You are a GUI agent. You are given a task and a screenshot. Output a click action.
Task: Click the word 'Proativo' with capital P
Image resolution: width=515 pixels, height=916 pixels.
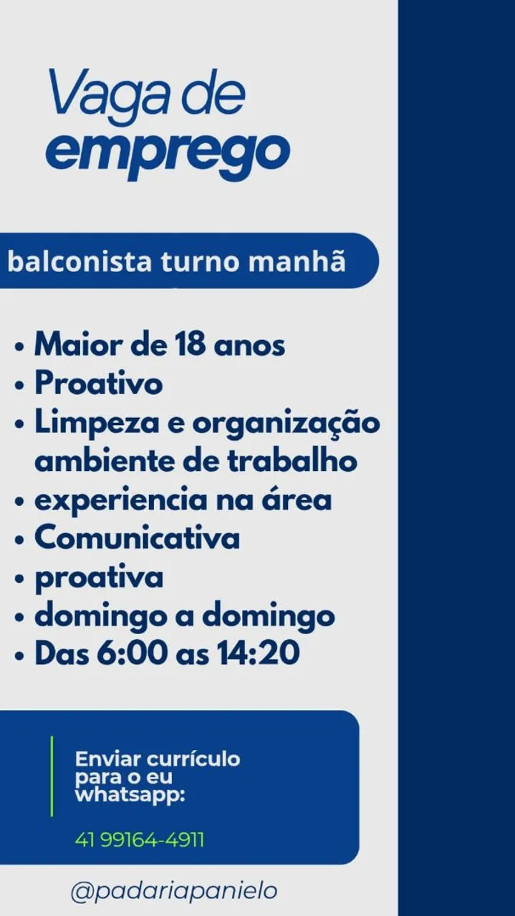[x=99, y=384]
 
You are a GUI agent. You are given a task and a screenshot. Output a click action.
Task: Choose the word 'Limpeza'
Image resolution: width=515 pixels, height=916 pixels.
[x=97, y=423]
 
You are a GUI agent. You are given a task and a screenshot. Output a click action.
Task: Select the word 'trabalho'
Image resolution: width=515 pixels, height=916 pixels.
[x=292, y=462]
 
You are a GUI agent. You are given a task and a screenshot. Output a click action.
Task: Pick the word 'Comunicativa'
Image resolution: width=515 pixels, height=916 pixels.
[x=137, y=538]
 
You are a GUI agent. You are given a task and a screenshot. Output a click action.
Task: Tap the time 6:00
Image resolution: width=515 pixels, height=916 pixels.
[x=133, y=653]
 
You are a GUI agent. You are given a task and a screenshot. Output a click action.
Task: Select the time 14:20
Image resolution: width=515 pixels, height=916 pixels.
[x=258, y=653]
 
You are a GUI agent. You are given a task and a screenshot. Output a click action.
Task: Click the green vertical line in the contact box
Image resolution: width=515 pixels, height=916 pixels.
[x=52, y=779]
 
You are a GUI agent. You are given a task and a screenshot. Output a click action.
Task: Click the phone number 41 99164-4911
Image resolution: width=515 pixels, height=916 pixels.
[x=139, y=840]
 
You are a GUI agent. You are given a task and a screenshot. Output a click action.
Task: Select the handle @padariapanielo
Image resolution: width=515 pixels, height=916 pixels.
[x=174, y=892]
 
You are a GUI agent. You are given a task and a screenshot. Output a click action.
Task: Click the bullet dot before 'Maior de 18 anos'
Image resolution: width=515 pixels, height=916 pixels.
[x=19, y=347]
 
